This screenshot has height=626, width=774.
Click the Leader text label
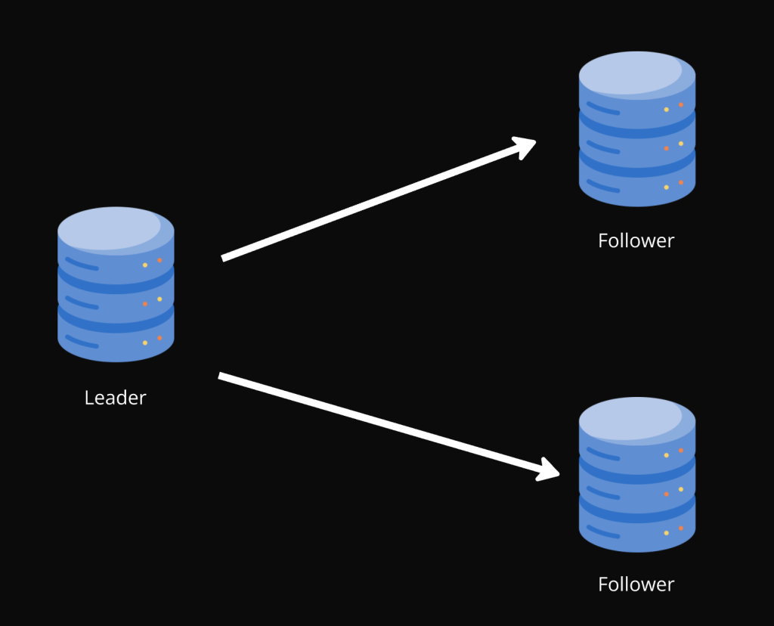[x=115, y=398]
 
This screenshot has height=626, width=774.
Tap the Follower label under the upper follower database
[x=636, y=241]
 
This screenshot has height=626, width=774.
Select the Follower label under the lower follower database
[x=636, y=584]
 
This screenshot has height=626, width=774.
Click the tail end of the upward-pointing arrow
[x=224, y=259]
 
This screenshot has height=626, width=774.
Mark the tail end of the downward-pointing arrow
[x=221, y=375]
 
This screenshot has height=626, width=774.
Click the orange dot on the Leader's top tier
[x=159, y=260]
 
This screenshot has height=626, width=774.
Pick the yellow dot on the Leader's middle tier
[x=159, y=299]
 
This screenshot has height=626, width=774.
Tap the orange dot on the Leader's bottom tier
[x=159, y=338]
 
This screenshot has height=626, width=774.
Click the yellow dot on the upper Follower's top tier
[x=666, y=110]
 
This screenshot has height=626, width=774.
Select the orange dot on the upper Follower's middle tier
[x=666, y=148]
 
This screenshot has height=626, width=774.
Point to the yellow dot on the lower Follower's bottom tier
[x=666, y=533]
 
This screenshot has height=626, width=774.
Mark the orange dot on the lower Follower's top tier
[x=681, y=451]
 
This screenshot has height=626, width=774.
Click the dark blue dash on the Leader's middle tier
[x=82, y=303]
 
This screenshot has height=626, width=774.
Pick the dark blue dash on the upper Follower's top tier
[x=603, y=109]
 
